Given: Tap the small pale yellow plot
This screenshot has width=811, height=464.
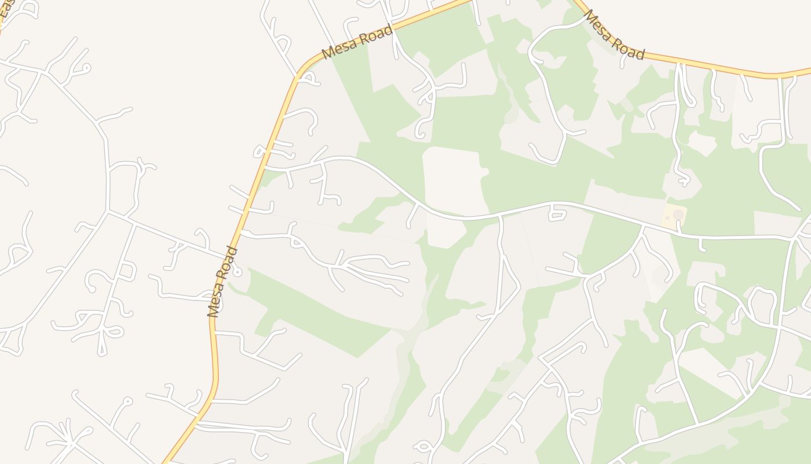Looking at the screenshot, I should click(x=674, y=216).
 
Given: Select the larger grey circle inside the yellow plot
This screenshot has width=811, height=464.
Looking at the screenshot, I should click(x=678, y=215).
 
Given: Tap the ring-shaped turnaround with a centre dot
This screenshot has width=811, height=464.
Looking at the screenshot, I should click(x=237, y=271).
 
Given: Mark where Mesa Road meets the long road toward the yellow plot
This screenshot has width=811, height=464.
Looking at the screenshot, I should click(x=265, y=169).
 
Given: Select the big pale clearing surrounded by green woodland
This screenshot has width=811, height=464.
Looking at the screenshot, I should click(x=454, y=180).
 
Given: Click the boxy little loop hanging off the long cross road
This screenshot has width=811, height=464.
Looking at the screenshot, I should click(x=557, y=215).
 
